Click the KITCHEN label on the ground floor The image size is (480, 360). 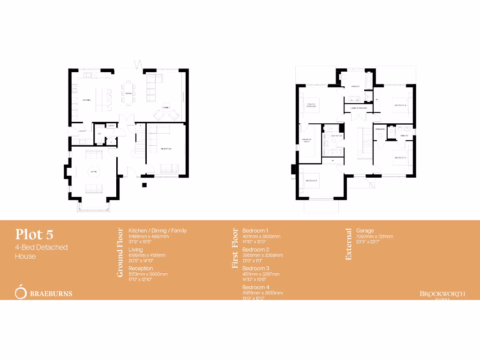pos(86,100)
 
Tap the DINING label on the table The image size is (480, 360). pos(128,93)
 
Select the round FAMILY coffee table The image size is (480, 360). pos(166,107)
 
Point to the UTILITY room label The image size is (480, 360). pos(82,131)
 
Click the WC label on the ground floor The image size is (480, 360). pos(99,134)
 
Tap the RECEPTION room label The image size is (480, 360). pos(166,149)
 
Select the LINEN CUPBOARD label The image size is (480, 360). pos(358,108)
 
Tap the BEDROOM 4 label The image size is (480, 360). pos(400,105)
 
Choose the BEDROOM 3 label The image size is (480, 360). pos(312,180)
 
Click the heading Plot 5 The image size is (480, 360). pos(37,233)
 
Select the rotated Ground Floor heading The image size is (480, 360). pos(120,253)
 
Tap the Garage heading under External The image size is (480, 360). pos(365,231)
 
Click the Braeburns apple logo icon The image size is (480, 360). pos(21,291)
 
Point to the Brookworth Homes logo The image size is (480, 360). pos(442,294)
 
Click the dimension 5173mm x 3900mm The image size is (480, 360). pos(148,274)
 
